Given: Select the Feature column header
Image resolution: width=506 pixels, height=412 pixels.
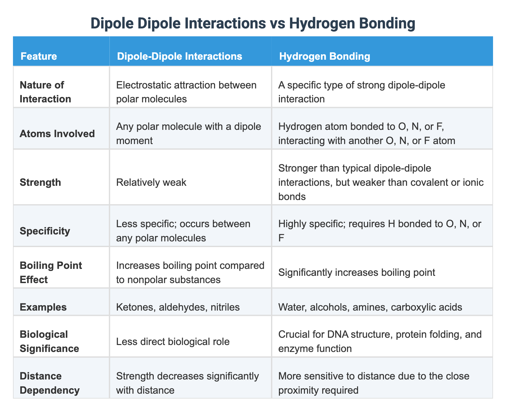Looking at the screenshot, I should click(39, 56).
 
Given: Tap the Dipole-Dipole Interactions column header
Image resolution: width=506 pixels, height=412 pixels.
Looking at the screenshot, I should click(179, 56).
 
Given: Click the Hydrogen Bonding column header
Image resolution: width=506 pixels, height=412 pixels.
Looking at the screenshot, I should click(324, 56).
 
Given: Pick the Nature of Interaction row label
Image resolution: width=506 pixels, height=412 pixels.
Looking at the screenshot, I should click(45, 92).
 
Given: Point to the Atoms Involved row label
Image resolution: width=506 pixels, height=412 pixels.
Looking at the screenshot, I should click(57, 134).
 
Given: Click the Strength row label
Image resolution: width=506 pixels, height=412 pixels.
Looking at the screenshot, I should click(40, 182).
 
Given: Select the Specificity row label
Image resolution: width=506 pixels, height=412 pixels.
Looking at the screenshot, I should click(45, 231).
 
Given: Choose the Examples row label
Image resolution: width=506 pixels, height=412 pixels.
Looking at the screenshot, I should click(43, 307).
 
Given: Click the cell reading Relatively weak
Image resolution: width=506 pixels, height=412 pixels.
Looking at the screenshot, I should click(151, 182).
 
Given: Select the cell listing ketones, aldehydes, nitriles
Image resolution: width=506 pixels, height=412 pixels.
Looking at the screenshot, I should click(178, 307).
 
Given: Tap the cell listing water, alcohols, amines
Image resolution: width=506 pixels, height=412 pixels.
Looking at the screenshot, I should click(370, 307).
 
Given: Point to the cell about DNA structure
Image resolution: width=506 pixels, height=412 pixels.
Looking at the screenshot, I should click(380, 341).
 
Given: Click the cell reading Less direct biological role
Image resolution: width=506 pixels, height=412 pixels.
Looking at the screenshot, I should click(173, 341).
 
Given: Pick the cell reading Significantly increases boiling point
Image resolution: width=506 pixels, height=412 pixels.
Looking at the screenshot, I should click(357, 272).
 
